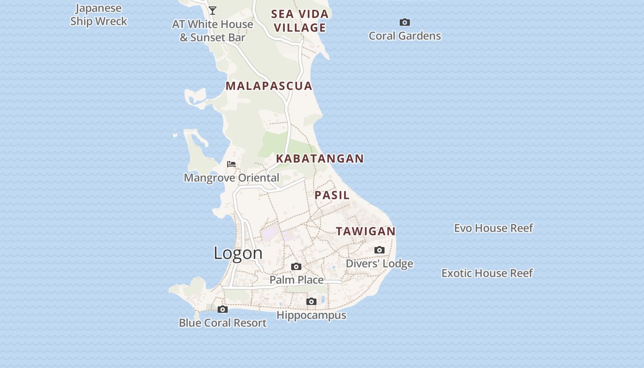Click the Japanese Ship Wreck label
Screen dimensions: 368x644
tap(98, 15)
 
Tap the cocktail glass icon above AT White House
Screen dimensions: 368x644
tap(213, 10)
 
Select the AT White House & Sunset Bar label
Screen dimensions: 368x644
tap(213, 31)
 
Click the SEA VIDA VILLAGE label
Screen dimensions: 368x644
tap(300, 21)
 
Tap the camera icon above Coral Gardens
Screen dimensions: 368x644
tap(405, 22)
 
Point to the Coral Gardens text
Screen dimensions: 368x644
tap(405, 36)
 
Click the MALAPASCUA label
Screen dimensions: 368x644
tap(269, 86)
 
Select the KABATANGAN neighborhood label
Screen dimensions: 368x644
tap(320, 159)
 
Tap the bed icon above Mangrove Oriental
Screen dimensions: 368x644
tap(231, 164)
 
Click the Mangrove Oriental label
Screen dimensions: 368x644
tap(231, 178)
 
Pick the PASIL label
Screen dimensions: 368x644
tap(332, 195)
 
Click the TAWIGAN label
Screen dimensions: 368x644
tap(366, 231)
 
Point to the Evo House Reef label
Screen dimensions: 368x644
tap(494, 228)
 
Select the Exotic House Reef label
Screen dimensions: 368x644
tap(487, 273)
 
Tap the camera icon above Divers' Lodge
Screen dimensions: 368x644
tap(379, 250)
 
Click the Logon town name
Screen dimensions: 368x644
tap(238, 253)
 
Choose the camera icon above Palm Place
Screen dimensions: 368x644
tap(296, 266)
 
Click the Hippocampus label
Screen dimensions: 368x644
tap(311, 315)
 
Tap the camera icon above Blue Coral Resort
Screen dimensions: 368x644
tap(223, 309)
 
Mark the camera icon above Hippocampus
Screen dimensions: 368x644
tap(311, 302)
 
